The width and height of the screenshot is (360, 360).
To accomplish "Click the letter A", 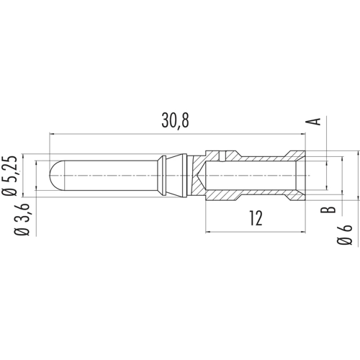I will [x=313, y=120].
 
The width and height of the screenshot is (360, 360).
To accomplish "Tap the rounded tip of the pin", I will [x=53, y=175].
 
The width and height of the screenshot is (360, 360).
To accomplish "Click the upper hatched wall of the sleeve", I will [x=252, y=155].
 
